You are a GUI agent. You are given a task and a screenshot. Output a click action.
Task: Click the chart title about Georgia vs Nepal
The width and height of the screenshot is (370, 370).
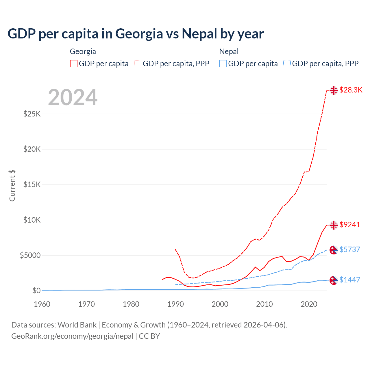point(136,34)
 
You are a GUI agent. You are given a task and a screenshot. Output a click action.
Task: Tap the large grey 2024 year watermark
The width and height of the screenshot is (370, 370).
point(73,97)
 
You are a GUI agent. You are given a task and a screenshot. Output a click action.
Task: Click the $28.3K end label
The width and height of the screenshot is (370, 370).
point(351,90)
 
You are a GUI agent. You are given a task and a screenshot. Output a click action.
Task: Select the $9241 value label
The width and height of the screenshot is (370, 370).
point(350,225)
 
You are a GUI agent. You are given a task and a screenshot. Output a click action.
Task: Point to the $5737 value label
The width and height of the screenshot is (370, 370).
point(350,249)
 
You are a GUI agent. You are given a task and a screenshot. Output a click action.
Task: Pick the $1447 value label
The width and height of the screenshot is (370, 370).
point(350,280)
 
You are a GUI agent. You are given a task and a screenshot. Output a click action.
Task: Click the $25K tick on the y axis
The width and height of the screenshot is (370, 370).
point(32,114)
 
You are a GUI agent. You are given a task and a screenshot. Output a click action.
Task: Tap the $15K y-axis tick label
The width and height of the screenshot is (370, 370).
point(32,184)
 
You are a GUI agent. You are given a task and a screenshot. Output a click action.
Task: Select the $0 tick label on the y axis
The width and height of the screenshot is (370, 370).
point(36,291)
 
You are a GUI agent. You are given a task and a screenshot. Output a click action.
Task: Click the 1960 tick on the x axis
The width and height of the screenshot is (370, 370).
point(42,304)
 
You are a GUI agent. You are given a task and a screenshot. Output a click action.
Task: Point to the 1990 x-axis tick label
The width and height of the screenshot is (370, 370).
point(175,304)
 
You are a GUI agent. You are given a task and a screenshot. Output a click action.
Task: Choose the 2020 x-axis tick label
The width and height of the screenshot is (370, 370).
point(309,304)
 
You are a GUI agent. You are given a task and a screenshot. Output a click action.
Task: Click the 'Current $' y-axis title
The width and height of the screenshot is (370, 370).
point(12,186)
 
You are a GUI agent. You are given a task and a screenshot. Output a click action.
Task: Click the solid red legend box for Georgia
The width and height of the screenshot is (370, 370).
point(74,64)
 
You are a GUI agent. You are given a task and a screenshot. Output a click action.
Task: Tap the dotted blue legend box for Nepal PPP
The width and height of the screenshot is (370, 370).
point(287,64)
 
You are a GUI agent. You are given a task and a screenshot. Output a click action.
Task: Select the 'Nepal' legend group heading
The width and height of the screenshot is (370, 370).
point(229,51)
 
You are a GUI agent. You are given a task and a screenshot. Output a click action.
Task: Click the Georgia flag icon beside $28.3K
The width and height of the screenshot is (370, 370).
point(334,90)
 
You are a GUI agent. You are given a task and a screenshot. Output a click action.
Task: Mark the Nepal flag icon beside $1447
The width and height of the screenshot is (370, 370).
point(334,280)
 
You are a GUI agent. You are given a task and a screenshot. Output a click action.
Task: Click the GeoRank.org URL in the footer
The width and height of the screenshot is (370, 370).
point(72,336)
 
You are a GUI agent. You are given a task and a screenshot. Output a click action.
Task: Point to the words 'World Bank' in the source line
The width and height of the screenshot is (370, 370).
point(77,325)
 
